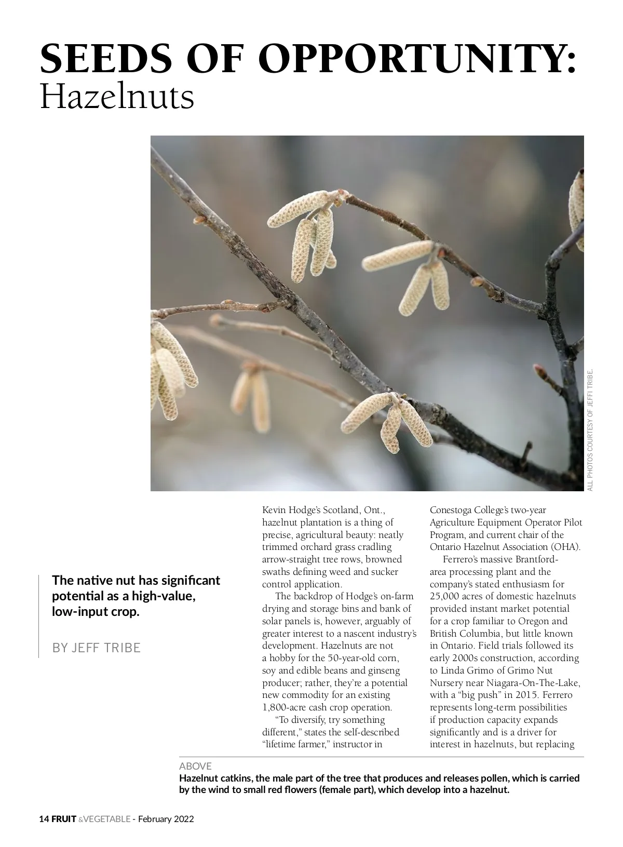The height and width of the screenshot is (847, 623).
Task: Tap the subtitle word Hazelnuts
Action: [x=117, y=97]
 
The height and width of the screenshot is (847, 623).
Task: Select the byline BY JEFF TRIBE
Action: [x=97, y=648]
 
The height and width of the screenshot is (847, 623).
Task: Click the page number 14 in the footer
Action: [x=44, y=819]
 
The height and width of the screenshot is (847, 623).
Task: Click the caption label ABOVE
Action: [x=195, y=766]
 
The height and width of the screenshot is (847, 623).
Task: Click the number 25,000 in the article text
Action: [x=445, y=597]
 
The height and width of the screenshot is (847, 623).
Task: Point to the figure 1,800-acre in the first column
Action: [x=284, y=707]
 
